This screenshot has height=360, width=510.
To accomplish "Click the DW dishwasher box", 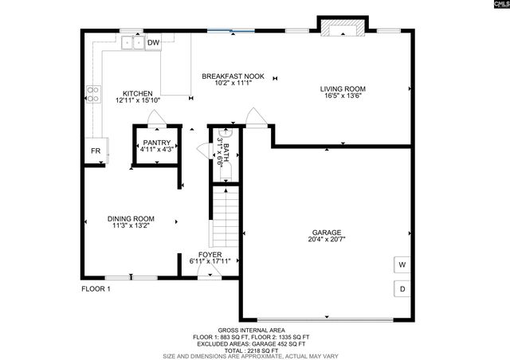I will tap(154, 42).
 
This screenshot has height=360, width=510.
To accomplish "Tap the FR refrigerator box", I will tap(95, 151).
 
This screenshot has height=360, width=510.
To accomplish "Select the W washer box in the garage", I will tap(402, 264).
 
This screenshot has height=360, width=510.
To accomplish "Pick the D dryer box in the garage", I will tap(402, 288).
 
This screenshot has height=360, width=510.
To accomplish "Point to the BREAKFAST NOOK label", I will tap(227, 76).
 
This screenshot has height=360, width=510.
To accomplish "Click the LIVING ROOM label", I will tap(343, 89).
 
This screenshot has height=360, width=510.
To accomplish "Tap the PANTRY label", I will tap(156, 143).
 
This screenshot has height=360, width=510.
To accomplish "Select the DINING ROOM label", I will tap(131, 219).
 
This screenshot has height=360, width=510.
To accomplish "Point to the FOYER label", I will tap(210, 255).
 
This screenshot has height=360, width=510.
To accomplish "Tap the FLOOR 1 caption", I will tap(96, 289).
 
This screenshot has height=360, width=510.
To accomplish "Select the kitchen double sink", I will tap(133, 45).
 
